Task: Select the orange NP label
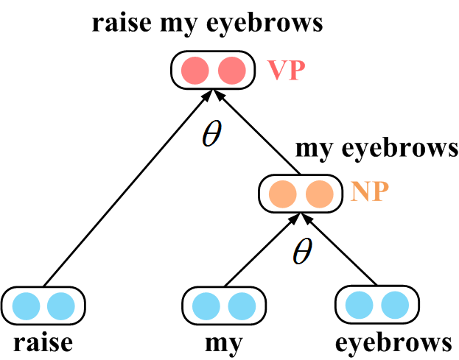point(368,194)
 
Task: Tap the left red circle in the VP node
point(195,70)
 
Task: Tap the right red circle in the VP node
point(230,70)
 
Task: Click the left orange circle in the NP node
point(283,194)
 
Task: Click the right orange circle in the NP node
point(318,194)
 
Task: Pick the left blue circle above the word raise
point(27,305)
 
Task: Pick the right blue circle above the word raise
point(61,305)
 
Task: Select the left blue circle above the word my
point(206,305)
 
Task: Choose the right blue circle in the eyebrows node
point(394,305)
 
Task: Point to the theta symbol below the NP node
point(301,253)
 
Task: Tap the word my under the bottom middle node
point(223,344)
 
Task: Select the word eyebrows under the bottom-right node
point(393,343)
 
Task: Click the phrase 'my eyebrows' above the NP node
point(376,148)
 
